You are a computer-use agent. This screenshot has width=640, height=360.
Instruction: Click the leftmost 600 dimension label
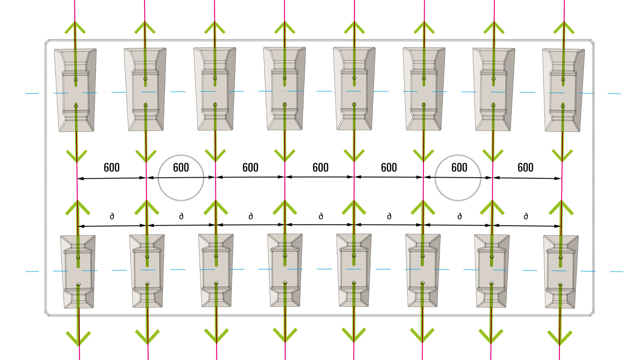tap(112, 167)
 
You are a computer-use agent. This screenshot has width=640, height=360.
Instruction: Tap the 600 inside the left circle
tap(181, 167)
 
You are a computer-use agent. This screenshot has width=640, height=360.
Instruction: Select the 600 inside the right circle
tap(459, 167)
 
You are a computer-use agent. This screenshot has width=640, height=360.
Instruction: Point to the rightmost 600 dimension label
tap(525, 167)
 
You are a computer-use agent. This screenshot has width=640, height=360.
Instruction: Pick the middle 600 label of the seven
tap(320, 167)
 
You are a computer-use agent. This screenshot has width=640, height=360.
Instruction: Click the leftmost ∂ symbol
tap(112, 216)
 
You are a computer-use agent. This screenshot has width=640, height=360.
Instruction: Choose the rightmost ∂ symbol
tap(526, 216)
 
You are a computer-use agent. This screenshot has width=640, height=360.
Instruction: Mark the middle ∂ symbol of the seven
tap(321, 216)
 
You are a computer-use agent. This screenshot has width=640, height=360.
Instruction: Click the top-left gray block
tap(75, 90)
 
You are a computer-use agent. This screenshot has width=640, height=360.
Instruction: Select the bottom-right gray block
tap(561, 272)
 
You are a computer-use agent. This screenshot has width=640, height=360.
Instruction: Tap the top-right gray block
tap(563, 90)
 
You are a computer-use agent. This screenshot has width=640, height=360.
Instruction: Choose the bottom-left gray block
tap(78, 272)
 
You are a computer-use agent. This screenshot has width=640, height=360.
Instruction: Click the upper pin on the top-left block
tap(76, 79)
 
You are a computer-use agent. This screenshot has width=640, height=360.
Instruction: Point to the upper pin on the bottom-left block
tap(78, 257)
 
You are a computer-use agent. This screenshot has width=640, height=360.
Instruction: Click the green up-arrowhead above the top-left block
tap(75, 27)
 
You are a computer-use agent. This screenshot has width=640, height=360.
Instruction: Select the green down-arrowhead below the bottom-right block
tap(560, 337)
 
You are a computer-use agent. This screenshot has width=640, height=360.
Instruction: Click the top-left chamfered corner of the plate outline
tap(47, 42)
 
